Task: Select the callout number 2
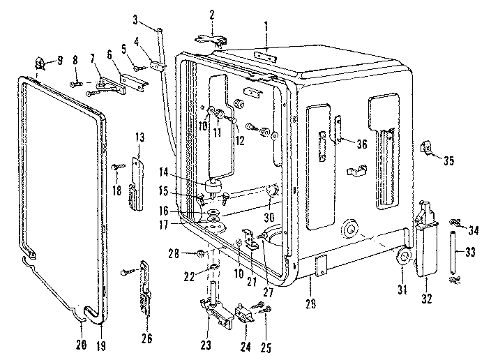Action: click(212, 13)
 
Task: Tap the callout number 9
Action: click(59, 59)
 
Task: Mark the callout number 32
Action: click(427, 299)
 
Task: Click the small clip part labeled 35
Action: click(424, 149)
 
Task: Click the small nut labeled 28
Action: click(199, 252)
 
